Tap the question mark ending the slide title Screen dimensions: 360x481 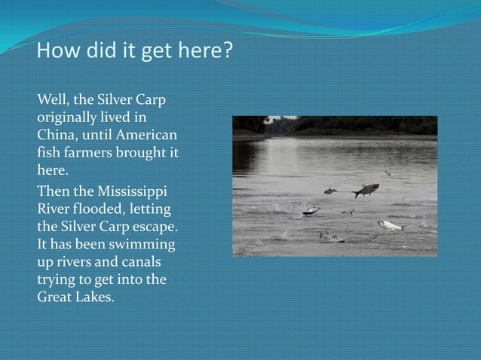[x=228, y=53]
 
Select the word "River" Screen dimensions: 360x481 [x=52, y=203]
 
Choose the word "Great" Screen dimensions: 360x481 [x=55, y=297]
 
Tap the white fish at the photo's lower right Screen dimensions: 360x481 [x=390, y=224]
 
